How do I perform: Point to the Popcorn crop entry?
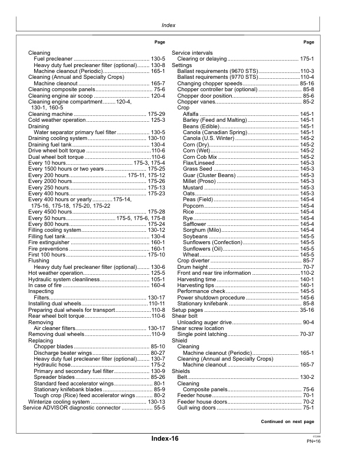click(x=194, y=205)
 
